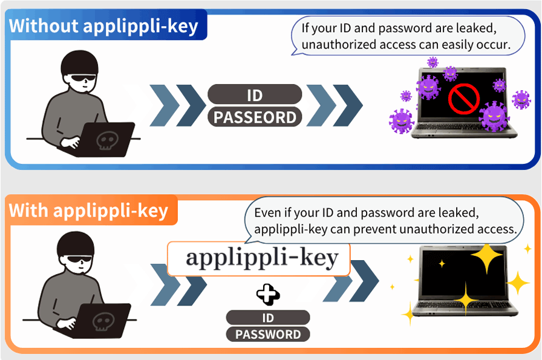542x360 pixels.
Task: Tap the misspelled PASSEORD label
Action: (255, 117)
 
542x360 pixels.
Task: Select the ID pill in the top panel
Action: (255, 95)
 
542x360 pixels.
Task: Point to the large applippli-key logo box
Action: (259, 258)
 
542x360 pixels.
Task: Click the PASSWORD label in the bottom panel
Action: (267, 334)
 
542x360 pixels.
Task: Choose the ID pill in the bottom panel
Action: (267, 318)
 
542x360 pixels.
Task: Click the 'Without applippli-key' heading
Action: (104, 27)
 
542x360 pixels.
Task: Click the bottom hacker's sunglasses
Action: (80, 260)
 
